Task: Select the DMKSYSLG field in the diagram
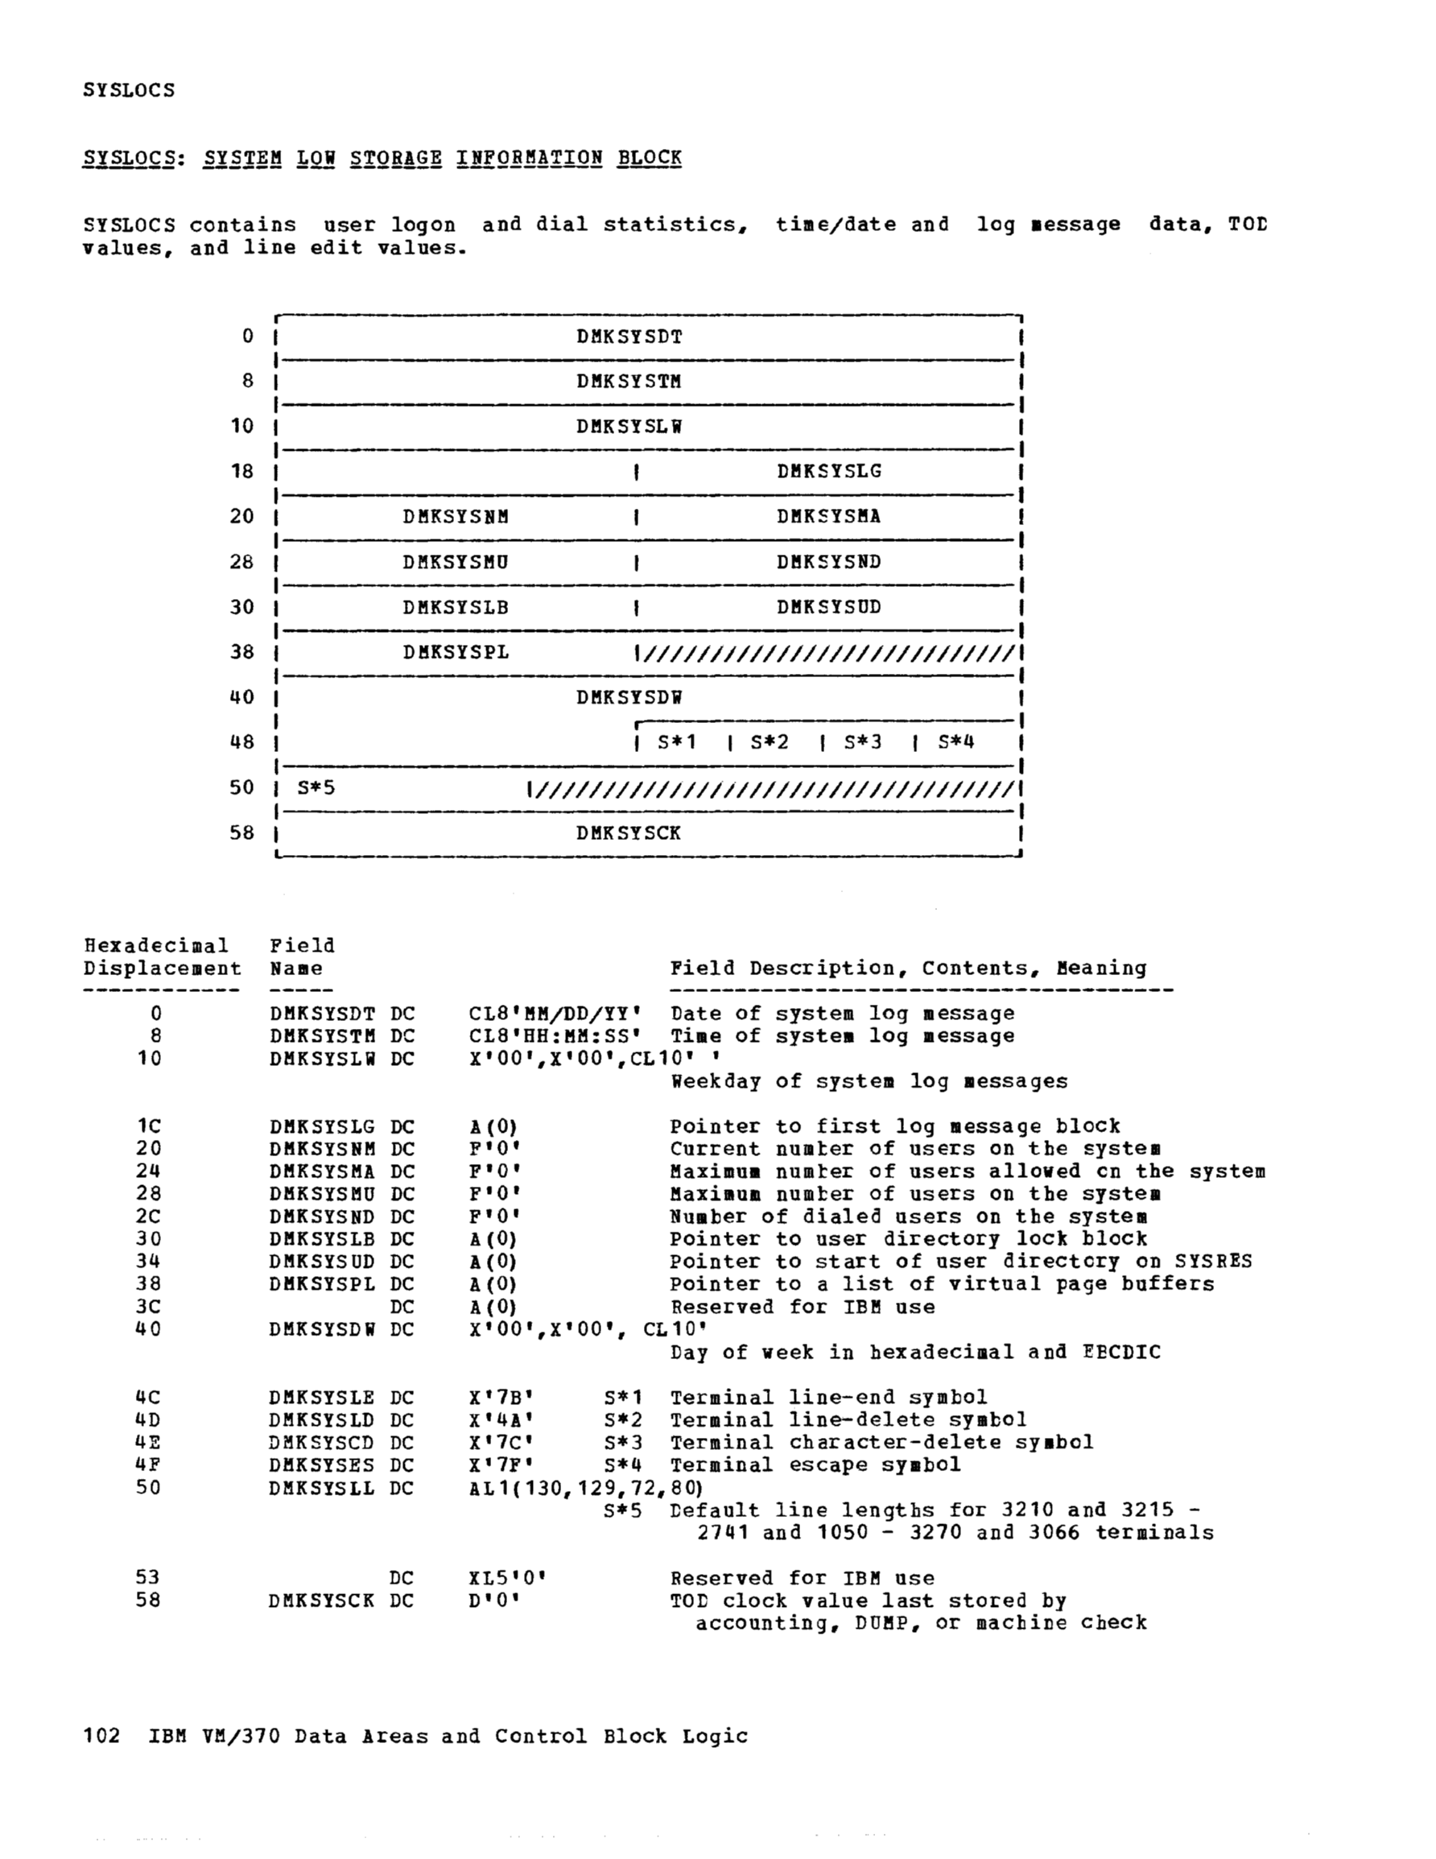pos(828,472)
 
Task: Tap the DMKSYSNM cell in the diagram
pos(456,517)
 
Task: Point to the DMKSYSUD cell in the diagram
pos(828,608)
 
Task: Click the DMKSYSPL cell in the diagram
pos(456,653)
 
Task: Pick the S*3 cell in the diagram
pos(863,742)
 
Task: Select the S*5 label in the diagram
pos(316,788)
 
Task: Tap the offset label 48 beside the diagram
pos(241,742)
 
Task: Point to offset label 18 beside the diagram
pos(241,472)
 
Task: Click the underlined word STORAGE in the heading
pos(396,159)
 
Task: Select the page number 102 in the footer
pos(102,1737)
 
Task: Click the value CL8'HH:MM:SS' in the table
pos(555,1037)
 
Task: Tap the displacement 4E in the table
pos(147,1443)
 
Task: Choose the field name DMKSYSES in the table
pos(321,1465)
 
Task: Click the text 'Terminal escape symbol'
pos(815,1465)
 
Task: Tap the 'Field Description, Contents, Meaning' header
pos(907,969)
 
